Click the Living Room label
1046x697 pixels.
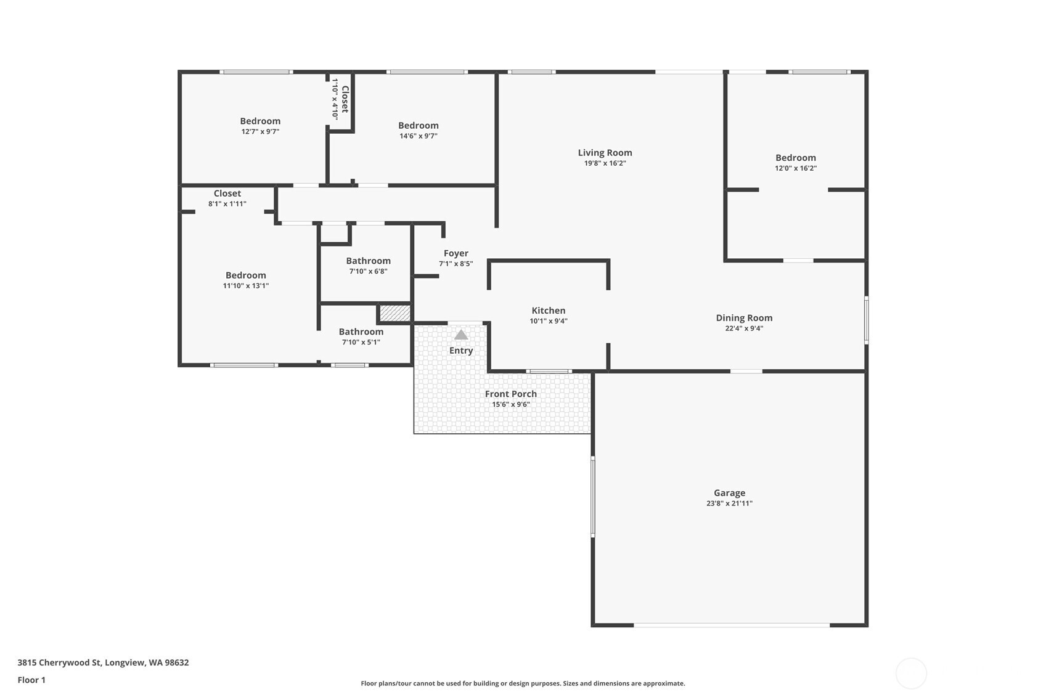click(605, 153)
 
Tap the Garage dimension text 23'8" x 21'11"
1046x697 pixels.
click(729, 503)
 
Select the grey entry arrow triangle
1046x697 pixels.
click(461, 335)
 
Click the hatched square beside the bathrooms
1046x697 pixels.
click(394, 313)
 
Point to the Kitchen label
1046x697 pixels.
click(548, 311)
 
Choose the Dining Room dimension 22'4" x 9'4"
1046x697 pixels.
click(744, 328)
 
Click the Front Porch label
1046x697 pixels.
click(511, 394)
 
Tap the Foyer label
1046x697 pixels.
click(456, 253)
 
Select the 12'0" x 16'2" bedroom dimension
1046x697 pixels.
click(796, 168)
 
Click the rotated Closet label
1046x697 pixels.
click(345, 99)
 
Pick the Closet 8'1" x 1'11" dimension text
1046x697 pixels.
click(227, 203)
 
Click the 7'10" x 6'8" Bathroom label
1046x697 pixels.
click(368, 261)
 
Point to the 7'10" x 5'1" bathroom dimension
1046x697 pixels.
click(361, 342)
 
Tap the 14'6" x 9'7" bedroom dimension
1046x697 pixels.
click(419, 136)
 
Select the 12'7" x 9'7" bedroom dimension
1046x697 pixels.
click(260, 132)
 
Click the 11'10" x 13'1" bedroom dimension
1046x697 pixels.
click(245, 286)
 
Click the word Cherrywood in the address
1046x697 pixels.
click(70, 662)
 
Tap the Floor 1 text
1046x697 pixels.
click(32, 680)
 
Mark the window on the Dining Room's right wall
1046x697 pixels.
click(866, 320)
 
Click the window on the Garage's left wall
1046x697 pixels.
click(593, 497)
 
